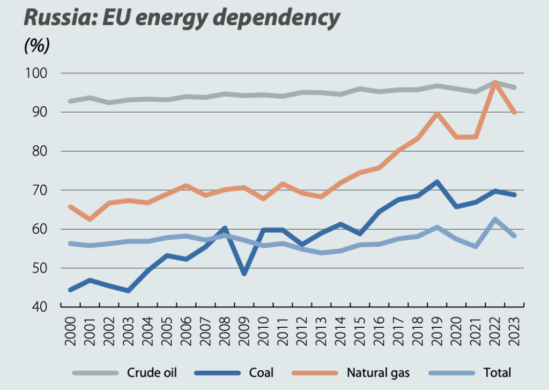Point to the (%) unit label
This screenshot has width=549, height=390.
[x=36, y=46]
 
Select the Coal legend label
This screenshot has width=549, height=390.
[x=262, y=372]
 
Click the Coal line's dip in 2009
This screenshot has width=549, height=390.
[x=244, y=274]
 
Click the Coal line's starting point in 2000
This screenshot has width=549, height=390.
[x=70, y=290]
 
